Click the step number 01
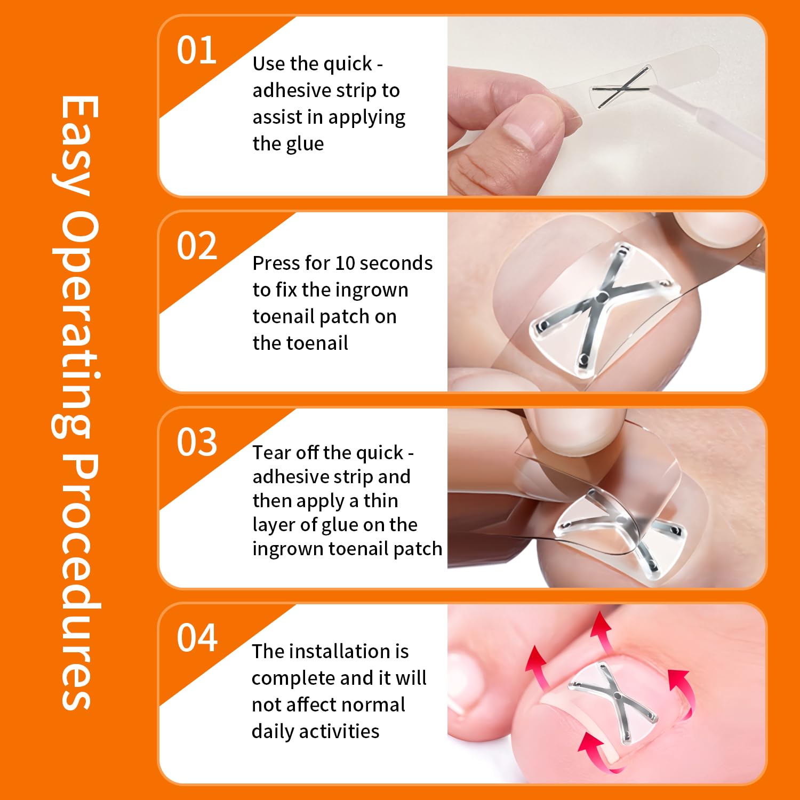197,51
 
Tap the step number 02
197,246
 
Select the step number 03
197,442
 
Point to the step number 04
197,638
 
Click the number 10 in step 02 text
345,263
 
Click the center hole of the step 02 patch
602,297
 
